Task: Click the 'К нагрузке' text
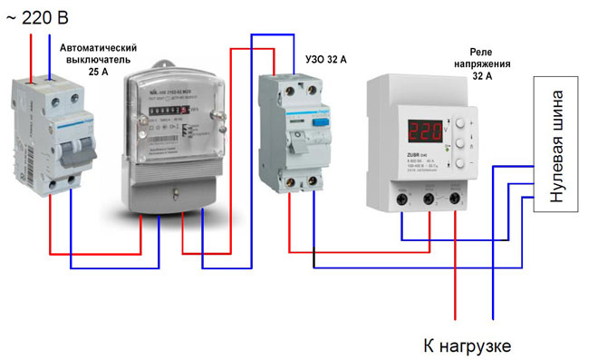468,345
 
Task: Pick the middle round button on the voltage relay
459,143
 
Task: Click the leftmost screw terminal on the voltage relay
401,197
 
